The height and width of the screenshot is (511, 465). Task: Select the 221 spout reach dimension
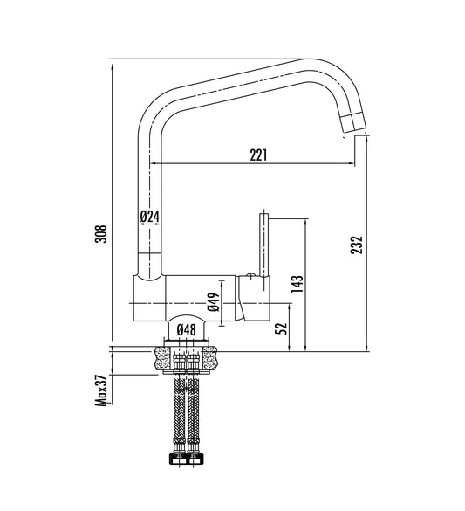click(x=258, y=155)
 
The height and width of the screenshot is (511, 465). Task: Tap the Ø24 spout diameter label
click(x=150, y=217)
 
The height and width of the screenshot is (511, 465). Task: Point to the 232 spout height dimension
click(x=356, y=245)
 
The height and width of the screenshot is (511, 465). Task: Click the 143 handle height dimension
click(x=297, y=284)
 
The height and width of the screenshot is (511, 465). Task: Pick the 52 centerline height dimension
click(x=281, y=328)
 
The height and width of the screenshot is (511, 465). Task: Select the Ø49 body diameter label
click(x=214, y=301)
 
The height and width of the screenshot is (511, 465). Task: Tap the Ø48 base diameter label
click(x=187, y=330)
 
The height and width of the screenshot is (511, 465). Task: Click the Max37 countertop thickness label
click(x=101, y=390)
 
